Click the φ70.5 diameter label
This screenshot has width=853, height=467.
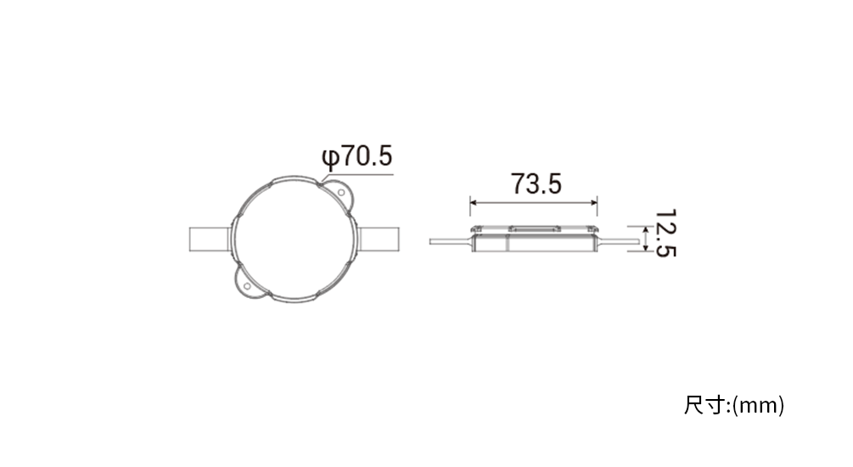(x=356, y=156)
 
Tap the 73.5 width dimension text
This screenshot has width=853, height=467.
(x=536, y=184)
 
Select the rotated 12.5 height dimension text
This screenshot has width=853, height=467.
(x=665, y=233)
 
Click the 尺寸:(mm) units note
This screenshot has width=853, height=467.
(x=734, y=406)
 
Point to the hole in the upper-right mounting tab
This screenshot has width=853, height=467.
(x=340, y=193)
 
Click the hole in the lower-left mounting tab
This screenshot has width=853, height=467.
(x=247, y=286)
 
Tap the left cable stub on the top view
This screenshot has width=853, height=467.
(x=210, y=239)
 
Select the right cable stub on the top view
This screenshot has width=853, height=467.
(x=378, y=239)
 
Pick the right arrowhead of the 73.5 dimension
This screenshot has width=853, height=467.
(x=594, y=203)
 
